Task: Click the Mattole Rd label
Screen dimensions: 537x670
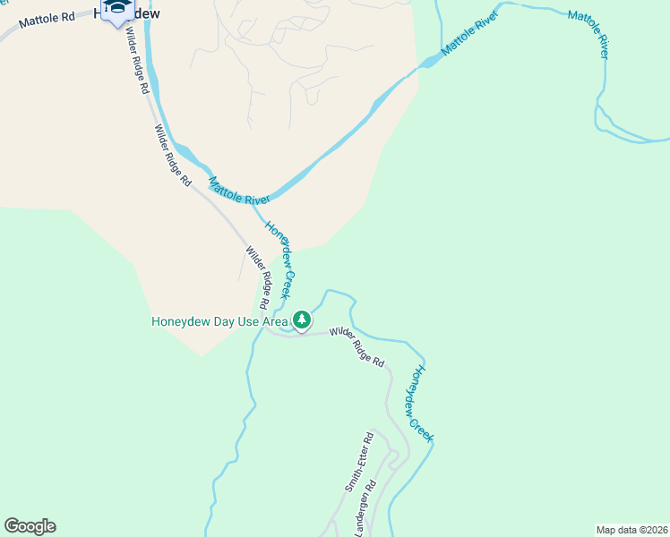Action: [x=48, y=19]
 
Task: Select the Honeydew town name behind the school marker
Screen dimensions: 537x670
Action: [x=143, y=14]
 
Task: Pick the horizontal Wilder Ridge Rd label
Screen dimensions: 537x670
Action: [x=356, y=346]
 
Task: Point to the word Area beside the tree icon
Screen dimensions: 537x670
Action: [x=275, y=322]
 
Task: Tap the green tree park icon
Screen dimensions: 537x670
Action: [x=303, y=320]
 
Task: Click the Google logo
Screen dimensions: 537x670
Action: [x=30, y=526]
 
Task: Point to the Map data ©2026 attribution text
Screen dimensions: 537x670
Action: [x=631, y=529]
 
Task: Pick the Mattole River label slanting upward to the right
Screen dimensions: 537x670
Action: [x=468, y=33]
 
